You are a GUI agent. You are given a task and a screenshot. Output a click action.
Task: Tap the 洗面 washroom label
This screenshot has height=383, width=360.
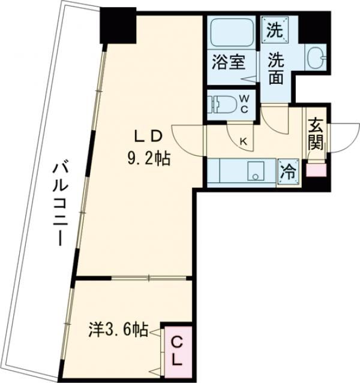(x=276, y=69)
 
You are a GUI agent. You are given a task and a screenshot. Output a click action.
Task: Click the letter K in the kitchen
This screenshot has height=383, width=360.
(x=244, y=141)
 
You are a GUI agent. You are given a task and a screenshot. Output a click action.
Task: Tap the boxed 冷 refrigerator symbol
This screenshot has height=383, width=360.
(x=287, y=170)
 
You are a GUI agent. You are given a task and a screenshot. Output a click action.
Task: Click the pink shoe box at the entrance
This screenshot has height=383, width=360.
(x=316, y=169)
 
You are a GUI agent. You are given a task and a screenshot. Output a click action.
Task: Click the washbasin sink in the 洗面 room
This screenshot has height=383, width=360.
(x=314, y=58)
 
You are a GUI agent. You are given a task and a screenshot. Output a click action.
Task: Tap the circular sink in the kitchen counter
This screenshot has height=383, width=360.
(x=255, y=175)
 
